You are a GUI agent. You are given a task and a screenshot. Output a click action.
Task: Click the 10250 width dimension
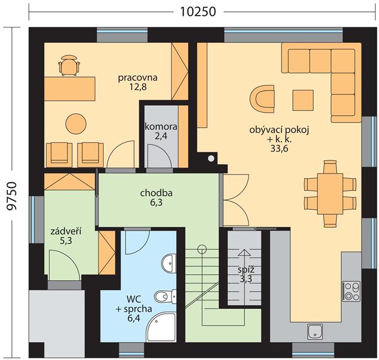tap(198, 12)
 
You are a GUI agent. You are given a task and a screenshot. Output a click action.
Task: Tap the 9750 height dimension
tap(11, 196)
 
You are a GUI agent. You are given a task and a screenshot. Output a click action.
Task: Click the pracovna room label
tap(137, 78)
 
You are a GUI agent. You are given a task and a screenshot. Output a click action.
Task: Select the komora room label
tap(160, 127)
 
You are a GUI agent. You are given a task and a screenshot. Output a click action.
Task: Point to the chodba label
tap(157, 193)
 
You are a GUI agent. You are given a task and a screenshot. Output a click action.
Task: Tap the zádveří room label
tap(66, 231)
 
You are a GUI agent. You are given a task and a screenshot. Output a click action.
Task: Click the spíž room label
tap(246, 269)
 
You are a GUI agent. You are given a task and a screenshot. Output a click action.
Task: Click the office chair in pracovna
tap(69, 65)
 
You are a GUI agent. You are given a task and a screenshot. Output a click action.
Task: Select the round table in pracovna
tap(76, 123)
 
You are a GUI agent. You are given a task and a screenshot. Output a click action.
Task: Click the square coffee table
tap(303, 100)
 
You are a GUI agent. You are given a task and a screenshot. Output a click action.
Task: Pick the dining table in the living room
tap(330, 194)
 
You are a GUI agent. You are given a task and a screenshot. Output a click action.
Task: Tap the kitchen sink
tap(315, 331)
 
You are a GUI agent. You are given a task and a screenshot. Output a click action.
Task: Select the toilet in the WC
tap(166, 295)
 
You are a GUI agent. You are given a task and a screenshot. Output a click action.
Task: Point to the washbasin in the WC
tap(170, 263)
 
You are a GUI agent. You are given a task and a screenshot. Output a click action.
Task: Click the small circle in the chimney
tap(211, 159)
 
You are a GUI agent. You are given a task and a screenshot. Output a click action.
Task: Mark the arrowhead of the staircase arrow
tap(244, 253)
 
